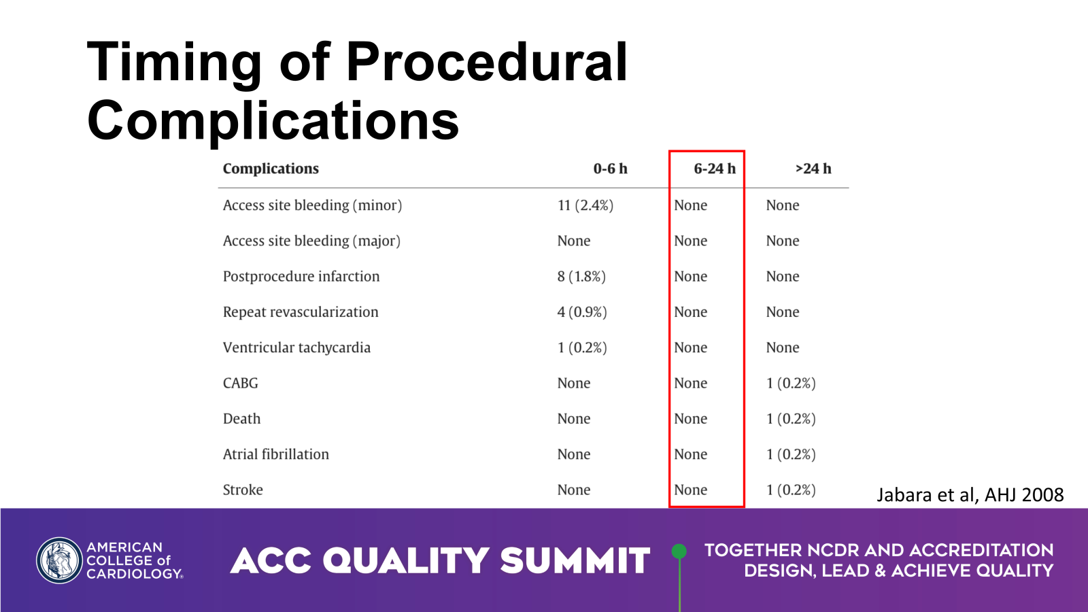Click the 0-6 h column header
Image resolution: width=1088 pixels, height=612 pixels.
tap(610, 169)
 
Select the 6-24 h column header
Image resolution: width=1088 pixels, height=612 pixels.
tap(714, 169)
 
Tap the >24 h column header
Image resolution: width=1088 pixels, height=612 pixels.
tap(813, 169)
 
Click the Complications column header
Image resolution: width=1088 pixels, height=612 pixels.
tap(271, 169)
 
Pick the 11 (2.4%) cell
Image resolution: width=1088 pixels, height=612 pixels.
tap(585, 205)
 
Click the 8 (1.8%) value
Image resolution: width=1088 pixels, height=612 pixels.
tap(581, 277)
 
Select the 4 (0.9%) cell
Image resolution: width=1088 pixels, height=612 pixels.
tap(582, 312)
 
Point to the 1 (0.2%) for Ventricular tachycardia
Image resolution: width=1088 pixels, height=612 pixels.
tap(582, 347)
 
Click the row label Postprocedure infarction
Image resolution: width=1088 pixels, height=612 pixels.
tap(301, 277)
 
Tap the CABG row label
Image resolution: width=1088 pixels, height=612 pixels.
tap(241, 384)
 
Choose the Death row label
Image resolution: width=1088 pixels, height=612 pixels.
tap(241, 419)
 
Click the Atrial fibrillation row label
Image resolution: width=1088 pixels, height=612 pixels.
tap(275, 454)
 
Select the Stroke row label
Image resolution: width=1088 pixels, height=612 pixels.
tap(243, 490)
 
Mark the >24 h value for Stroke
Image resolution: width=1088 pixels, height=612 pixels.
tap(791, 490)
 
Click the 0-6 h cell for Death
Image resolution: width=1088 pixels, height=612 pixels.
tap(574, 419)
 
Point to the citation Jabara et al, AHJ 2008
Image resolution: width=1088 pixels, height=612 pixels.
tap(970, 495)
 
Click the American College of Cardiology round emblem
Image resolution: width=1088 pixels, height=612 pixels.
tap(59, 561)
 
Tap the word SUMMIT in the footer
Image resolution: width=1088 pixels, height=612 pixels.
tap(575, 561)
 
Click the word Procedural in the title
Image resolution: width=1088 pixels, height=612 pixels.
tap(487, 62)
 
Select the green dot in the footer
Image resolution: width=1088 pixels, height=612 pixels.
tap(679, 551)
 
